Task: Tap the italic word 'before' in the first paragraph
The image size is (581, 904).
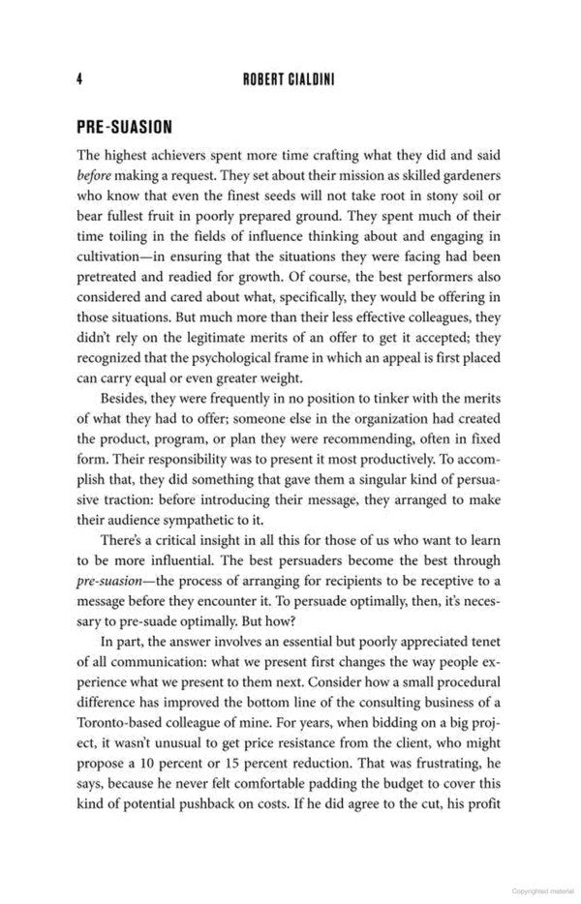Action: tap(97, 178)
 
